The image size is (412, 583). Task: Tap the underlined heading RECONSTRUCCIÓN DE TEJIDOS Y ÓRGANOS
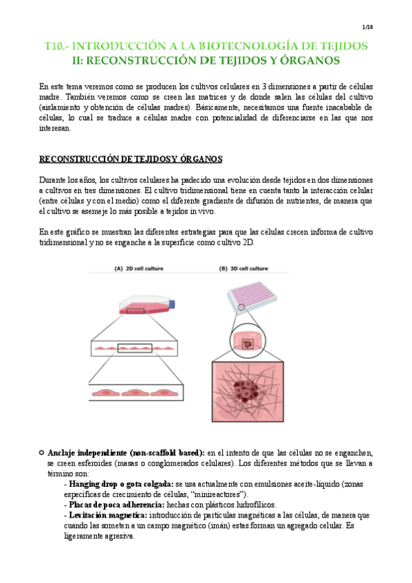[x=131, y=159]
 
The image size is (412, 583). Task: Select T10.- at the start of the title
[x=58, y=45]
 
